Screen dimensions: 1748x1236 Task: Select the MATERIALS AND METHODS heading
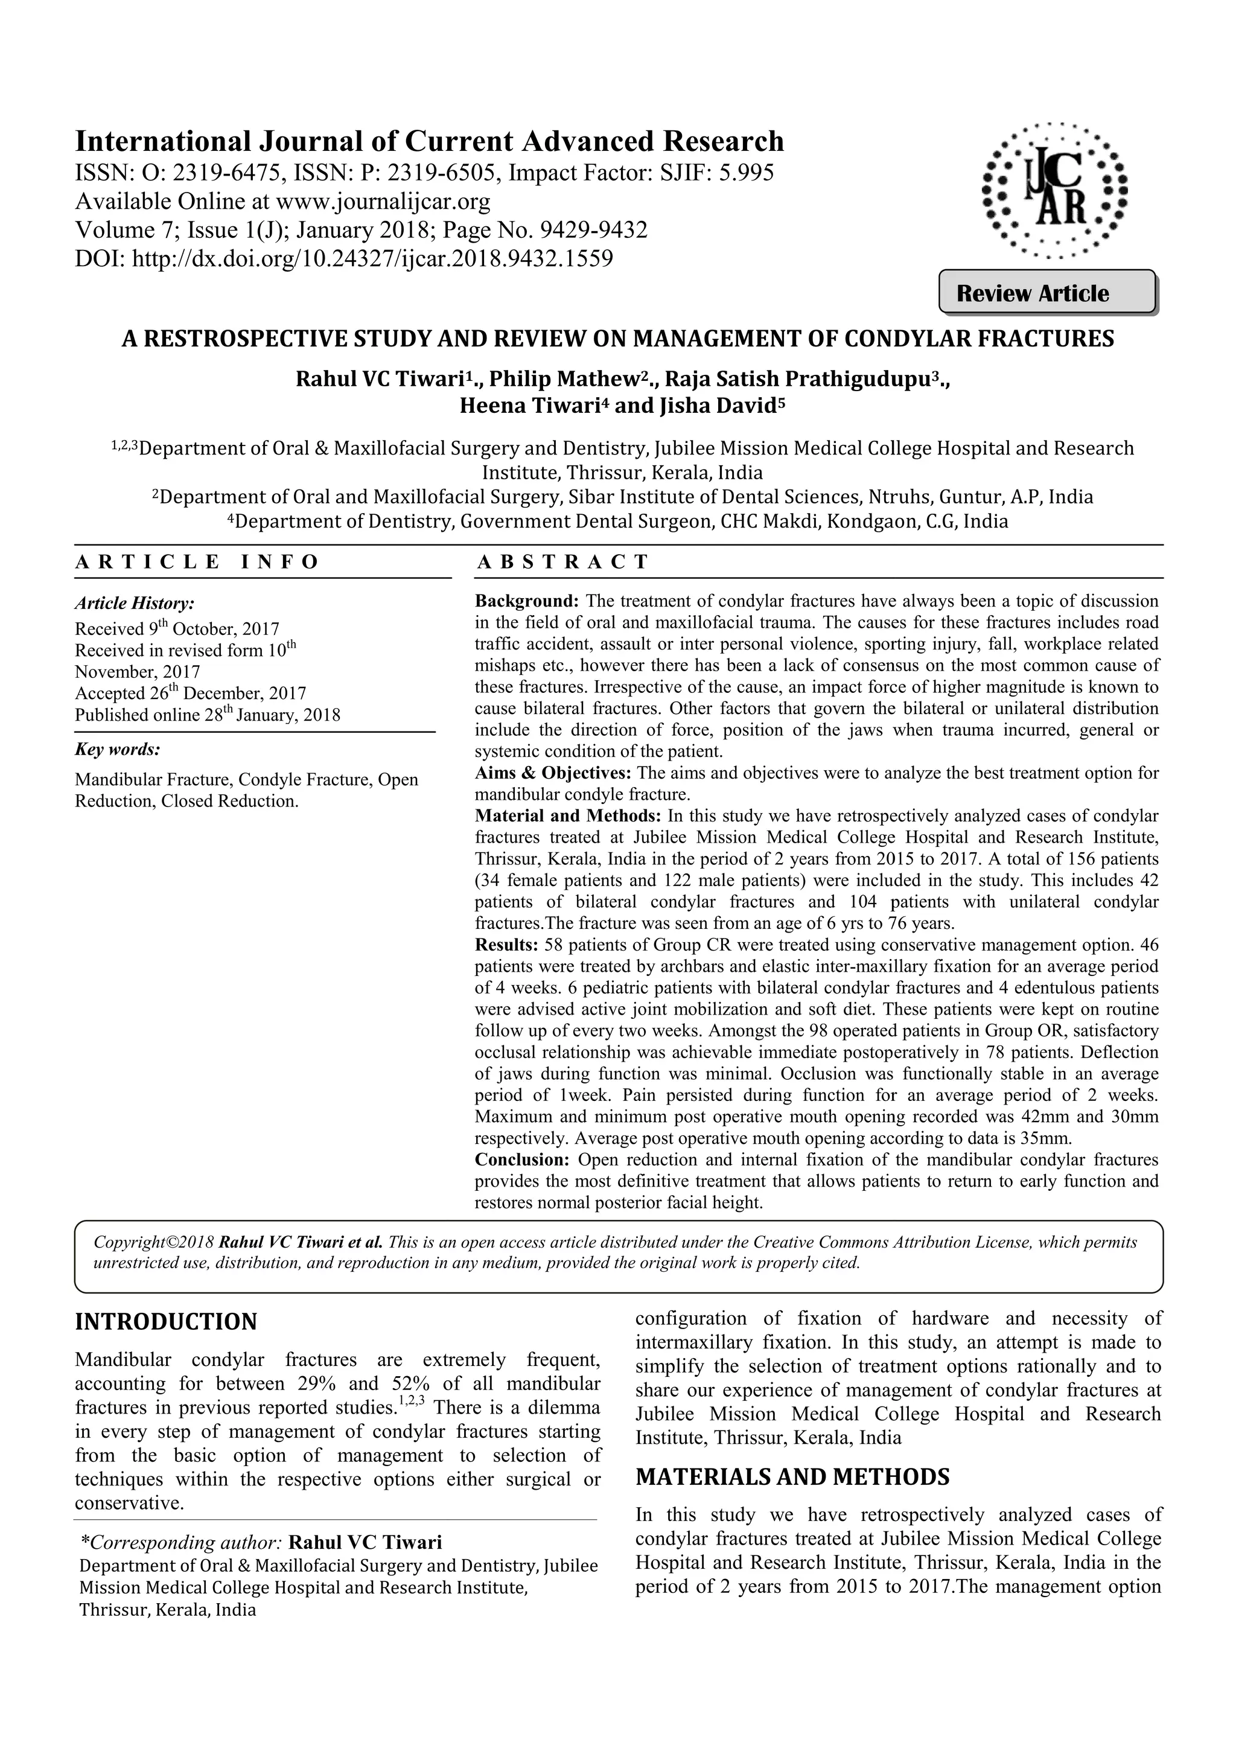click(792, 1477)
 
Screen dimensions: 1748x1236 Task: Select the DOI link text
click(373, 259)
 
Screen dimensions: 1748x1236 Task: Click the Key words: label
click(117, 749)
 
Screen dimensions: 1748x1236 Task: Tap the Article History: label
click(135, 604)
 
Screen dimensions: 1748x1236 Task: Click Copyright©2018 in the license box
click(154, 1242)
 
